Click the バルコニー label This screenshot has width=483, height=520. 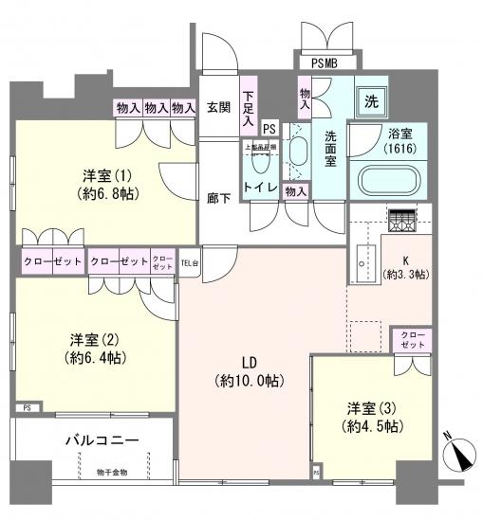(x=102, y=441)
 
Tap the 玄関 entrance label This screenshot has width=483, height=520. (x=219, y=107)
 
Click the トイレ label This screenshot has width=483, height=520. (x=261, y=188)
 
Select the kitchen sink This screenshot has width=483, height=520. (x=364, y=258)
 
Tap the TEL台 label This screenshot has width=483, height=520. (x=189, y=260)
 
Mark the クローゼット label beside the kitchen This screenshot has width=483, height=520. (x=413, y=340)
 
